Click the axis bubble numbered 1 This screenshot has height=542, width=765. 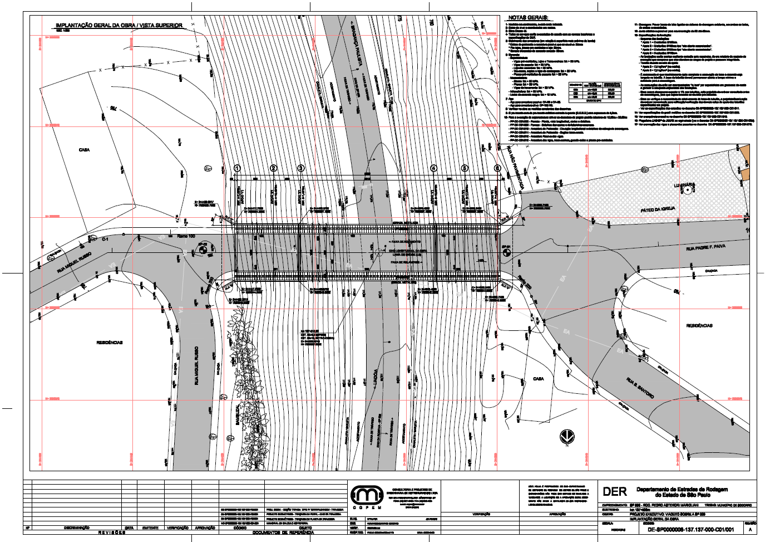(237, 168)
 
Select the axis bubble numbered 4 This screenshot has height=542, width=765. (433, 168)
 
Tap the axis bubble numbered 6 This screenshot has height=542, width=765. (498, 168)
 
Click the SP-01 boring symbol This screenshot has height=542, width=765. (507, 252)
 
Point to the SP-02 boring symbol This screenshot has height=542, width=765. (203, 251)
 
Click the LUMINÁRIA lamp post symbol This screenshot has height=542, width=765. (688, 190)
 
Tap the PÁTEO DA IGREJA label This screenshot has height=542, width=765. (658, 209)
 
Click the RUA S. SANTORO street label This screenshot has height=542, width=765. (640, 387)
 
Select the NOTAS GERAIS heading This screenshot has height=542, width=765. (529, 18)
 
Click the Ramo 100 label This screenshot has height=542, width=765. (186, 237)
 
